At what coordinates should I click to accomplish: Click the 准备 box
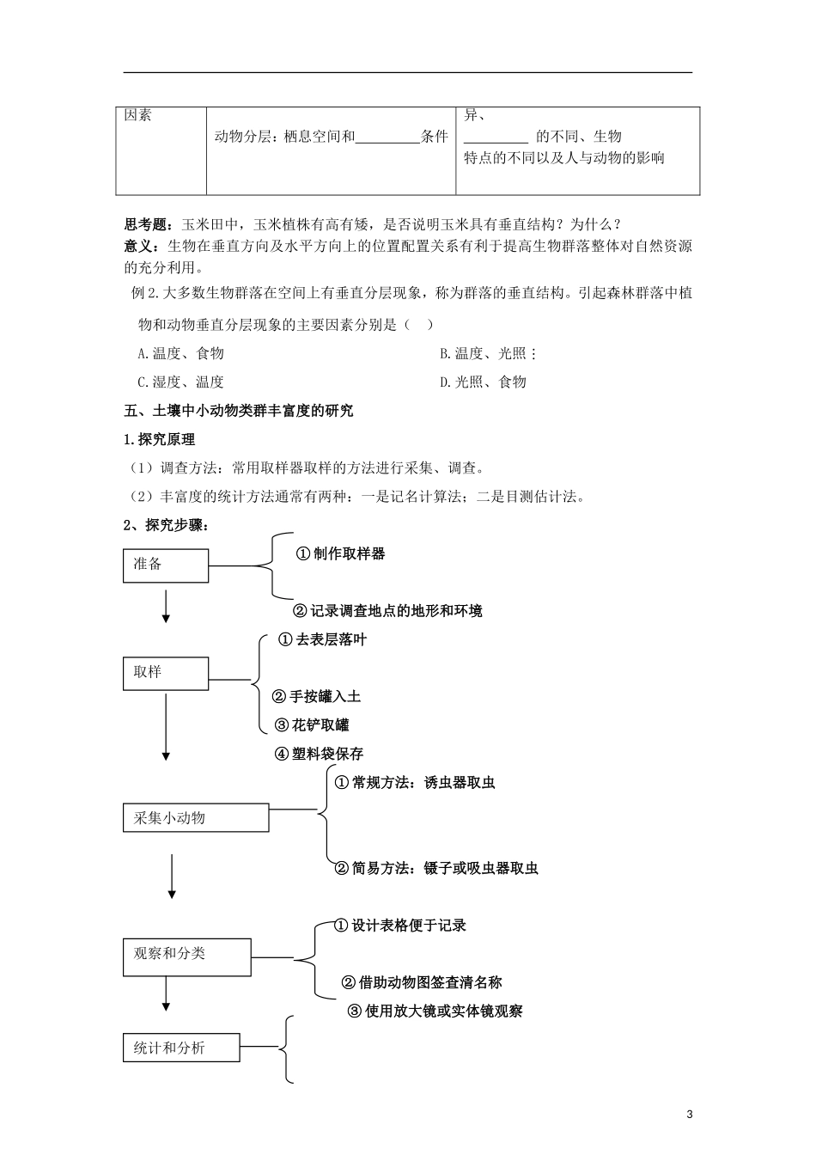pyautogui.click(x=166, y=565)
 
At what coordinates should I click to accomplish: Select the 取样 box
pyautogui.click(x=166, y=673)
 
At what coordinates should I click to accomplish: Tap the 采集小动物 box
pyautogui.click(x=196, y=818)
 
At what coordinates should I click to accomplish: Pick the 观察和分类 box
pyautogui.click(x=187, y=955)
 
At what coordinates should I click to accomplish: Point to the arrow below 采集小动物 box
pyautogui.click(x=172, y=876)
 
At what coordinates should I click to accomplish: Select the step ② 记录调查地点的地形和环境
pyautogui.click(x=387, y=611)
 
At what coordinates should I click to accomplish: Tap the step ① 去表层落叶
pyautogui.click(x=323, y=640)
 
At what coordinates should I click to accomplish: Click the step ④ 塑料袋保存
pyautogui.click(x=319, y=754)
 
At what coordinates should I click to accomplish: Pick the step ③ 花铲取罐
pyautogui.click(x=311, y=725)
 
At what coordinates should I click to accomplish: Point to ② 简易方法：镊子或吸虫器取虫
pyautogui.click(x=436, y=868)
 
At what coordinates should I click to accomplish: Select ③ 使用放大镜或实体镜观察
pyautogui.click(x=435, y=1011)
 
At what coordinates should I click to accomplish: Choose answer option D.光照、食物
pyautogui.click(x=483, y=382)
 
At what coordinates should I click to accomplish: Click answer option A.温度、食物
pyautogui.click(x=180, y=353)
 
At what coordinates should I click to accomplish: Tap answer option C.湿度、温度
pyautogui.click(x=180, y=382)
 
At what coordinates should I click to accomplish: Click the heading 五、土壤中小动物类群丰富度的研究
pyautogui.click(x=239, y=411)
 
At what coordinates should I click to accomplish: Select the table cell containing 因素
pyautogui.click(x=161, y=150)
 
